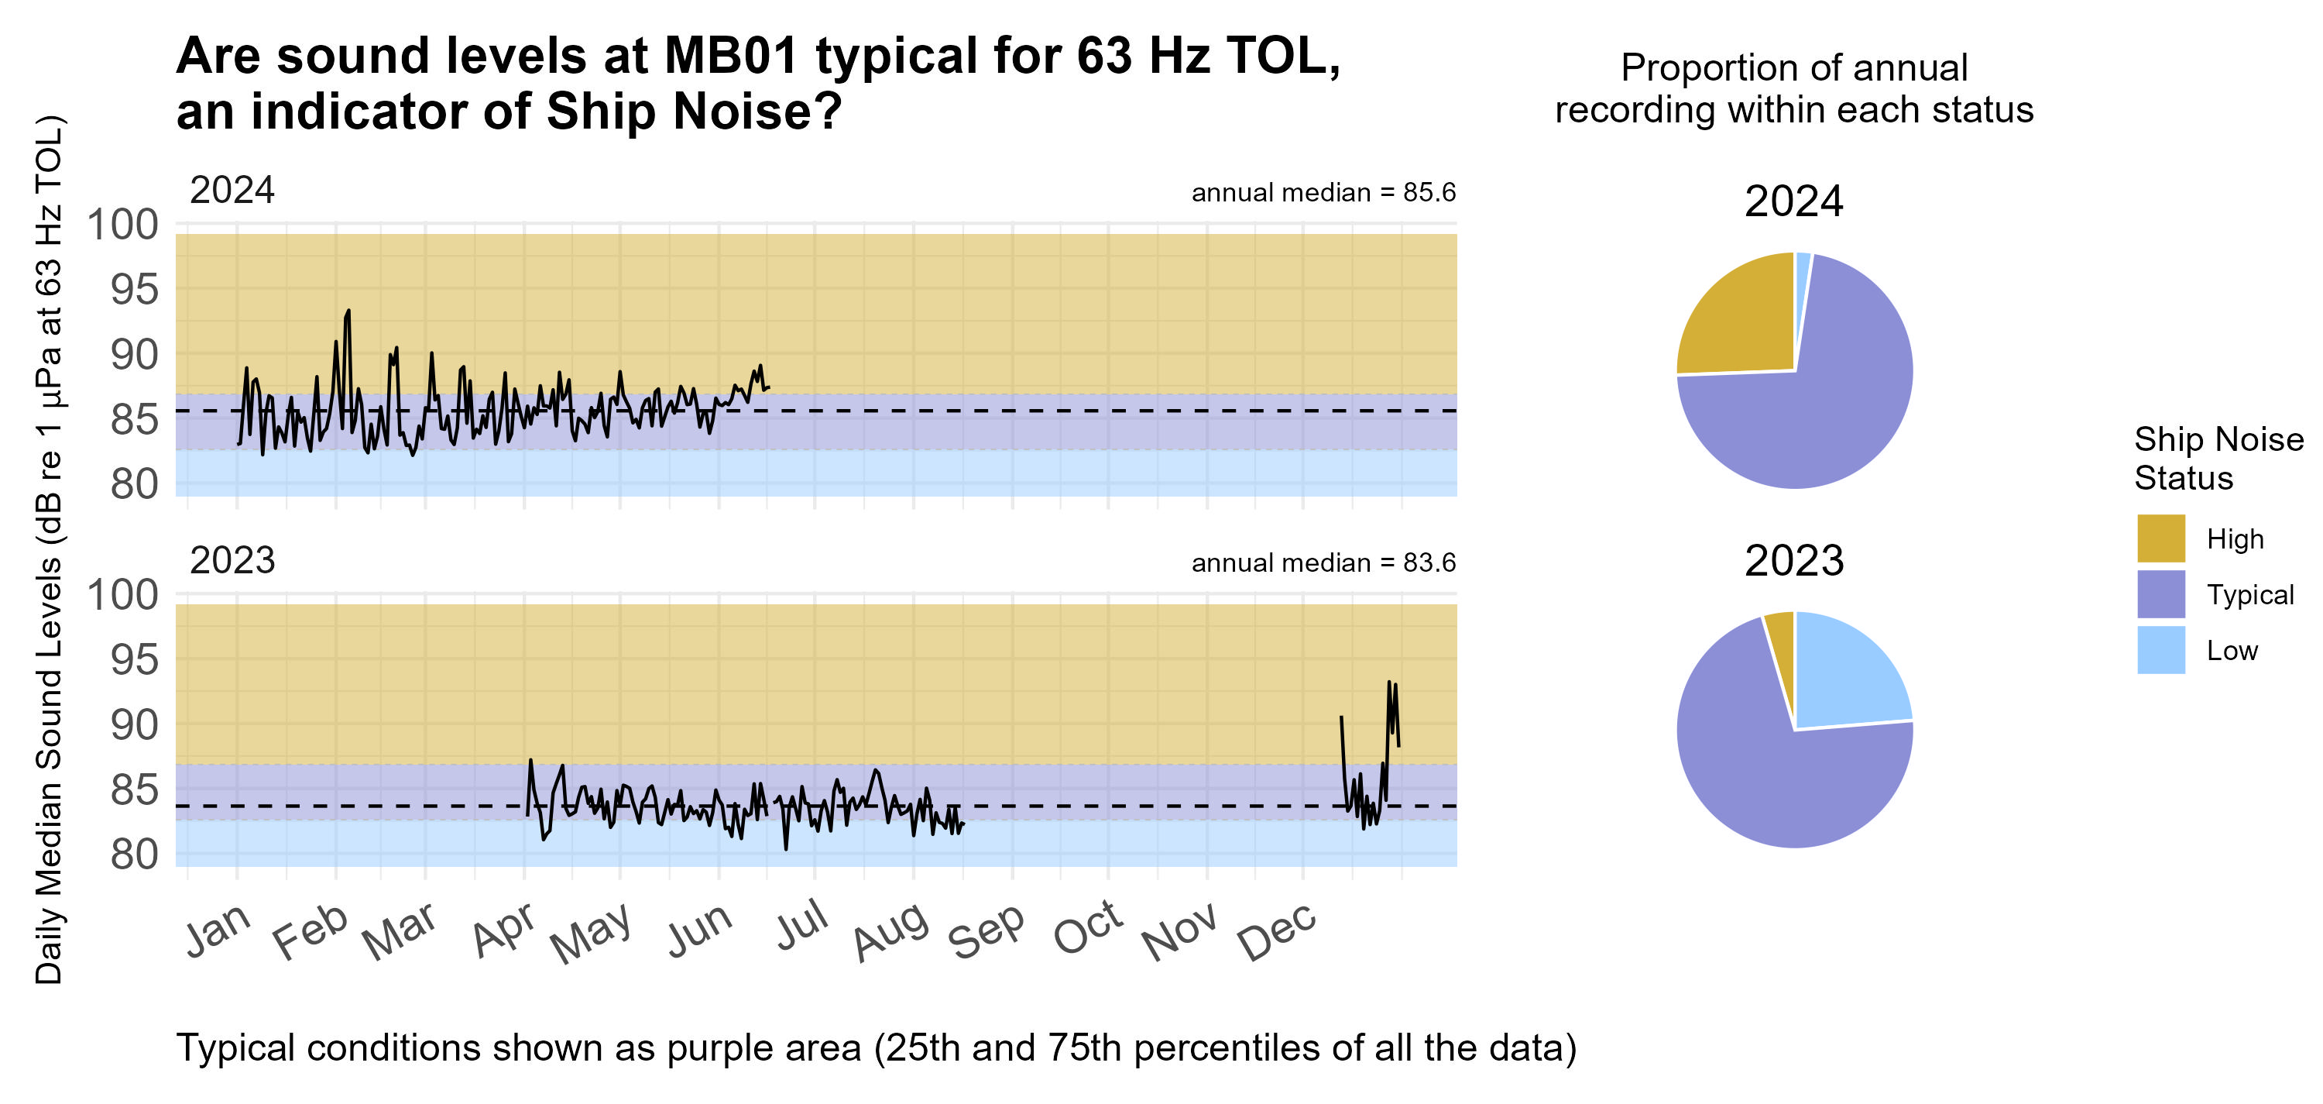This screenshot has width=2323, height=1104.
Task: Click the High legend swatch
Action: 2160,538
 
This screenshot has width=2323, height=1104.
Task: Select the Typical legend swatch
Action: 2160,594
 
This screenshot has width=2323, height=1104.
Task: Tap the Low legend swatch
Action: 2160,650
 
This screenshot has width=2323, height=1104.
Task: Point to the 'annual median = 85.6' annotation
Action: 1323,192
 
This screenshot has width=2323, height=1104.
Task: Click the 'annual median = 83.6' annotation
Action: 1323,562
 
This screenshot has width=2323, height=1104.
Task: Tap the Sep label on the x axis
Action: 985,933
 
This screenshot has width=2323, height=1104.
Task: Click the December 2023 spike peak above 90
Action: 1388,682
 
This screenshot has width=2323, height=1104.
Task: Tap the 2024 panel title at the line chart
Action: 232,191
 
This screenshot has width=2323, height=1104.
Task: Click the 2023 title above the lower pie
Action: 1793,561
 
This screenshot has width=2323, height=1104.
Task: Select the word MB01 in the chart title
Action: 731,56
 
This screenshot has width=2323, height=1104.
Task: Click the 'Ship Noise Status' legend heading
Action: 2218,458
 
